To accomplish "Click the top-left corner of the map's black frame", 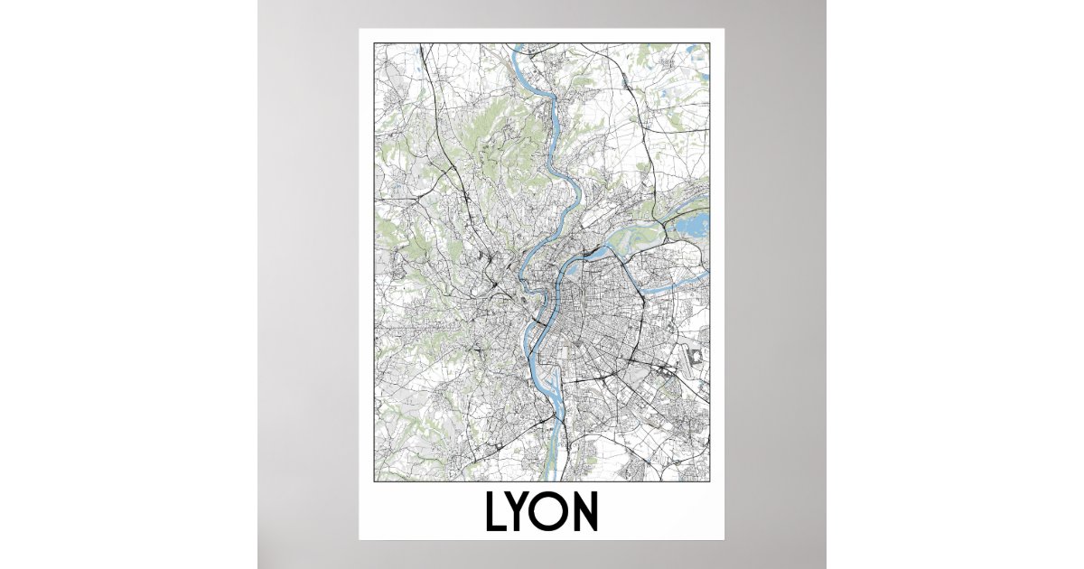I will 375,42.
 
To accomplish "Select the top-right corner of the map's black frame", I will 710,42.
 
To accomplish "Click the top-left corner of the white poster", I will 359,29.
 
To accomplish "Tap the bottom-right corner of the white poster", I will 725,540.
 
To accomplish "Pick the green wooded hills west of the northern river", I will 488,145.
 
